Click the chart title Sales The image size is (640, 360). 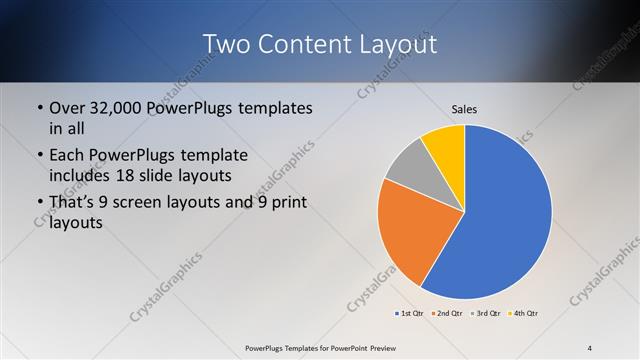[x=464, y=108]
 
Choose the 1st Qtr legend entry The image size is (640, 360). [x=410, y=313]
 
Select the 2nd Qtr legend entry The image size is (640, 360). [x=446, y=313]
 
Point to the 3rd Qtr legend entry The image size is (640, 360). [x=486, y=313]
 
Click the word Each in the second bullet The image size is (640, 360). [x=66, y=156]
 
